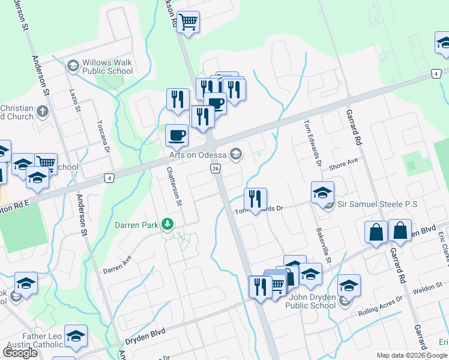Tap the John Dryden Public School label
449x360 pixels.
(x=312, y=301)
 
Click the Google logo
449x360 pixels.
(x=20, y=352)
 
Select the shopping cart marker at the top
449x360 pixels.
(x=188, y=23)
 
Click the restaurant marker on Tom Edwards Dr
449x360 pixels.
(x=256, y=199)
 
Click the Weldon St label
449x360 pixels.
(x=427, y=290)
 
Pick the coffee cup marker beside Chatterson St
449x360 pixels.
(x=176, y=135)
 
